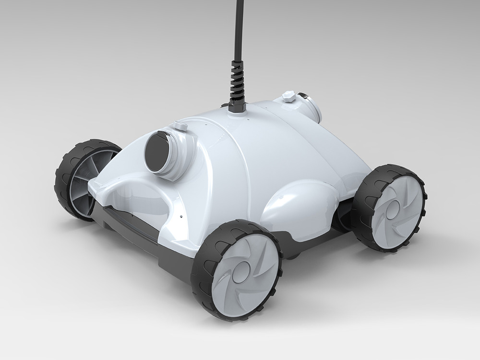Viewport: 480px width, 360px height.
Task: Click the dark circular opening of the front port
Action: [156, 151]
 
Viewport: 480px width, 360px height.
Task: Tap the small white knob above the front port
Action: [180, 126]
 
